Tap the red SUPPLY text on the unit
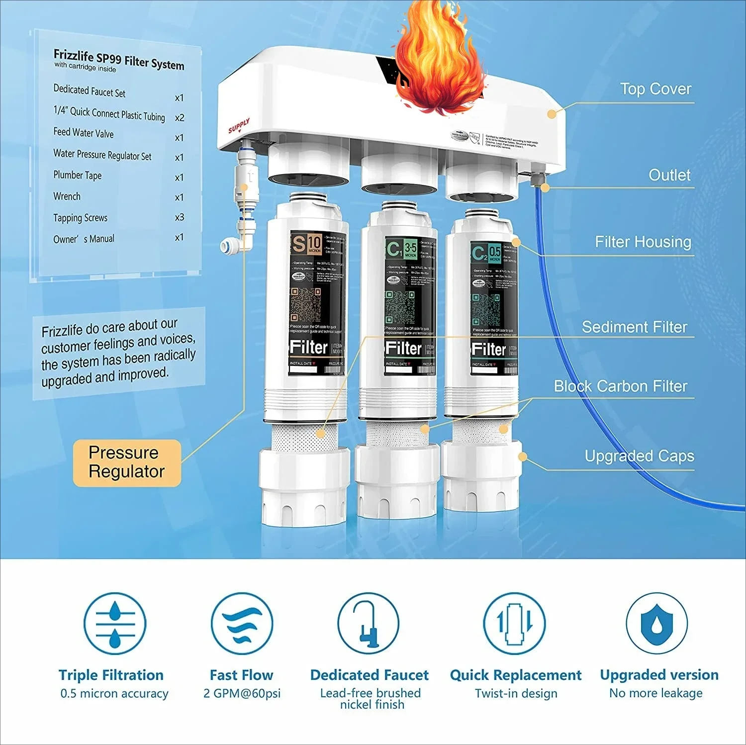239,126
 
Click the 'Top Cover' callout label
655,89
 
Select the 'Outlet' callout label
669,175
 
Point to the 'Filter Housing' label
643,242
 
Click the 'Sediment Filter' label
634,327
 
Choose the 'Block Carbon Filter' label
620,386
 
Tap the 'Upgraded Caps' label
639,456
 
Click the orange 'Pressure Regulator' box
126,463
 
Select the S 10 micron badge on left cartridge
306,244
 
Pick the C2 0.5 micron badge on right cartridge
486,253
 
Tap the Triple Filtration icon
115,624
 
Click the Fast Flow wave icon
242,624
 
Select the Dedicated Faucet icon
368,624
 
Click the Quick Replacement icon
515,624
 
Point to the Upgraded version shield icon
656,624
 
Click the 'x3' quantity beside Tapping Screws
180,217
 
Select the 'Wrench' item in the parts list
67,196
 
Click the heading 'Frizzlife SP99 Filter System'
119,60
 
